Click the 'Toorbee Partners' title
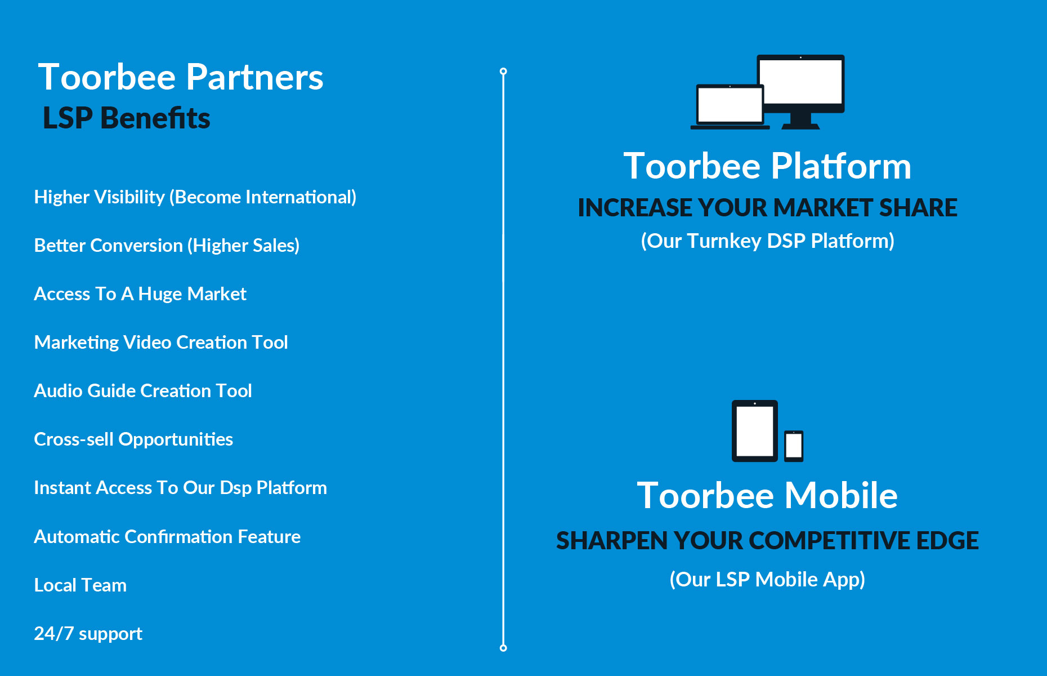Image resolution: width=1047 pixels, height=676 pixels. (181, 77)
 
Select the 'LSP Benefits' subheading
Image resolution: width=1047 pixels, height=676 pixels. (127, 118)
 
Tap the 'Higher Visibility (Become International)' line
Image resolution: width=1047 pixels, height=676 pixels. (195, 197)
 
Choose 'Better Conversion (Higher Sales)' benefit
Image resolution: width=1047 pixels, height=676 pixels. (167, 246)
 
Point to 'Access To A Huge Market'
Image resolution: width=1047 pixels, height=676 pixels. (140, 294)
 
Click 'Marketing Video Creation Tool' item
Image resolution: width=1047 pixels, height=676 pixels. (161, 343)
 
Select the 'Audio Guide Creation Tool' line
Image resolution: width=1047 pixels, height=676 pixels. (143, 391)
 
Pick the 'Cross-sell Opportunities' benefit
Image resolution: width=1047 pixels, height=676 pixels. (133, 439)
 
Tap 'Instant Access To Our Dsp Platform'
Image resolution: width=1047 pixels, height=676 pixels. (181, 488)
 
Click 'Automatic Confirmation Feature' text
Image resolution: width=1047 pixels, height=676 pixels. (167, 537)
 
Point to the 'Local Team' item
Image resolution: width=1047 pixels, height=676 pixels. (80, 585)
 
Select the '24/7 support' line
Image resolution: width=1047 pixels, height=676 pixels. (88, 634)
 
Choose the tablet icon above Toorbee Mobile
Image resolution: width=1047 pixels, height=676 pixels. (755, 431)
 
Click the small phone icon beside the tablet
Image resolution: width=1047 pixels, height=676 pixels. (794, 446)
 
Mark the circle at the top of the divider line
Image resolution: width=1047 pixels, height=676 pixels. (503, 72)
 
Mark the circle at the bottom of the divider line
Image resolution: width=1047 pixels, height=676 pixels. (503, 648)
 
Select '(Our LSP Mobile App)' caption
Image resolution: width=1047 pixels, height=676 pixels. (767, 580)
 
